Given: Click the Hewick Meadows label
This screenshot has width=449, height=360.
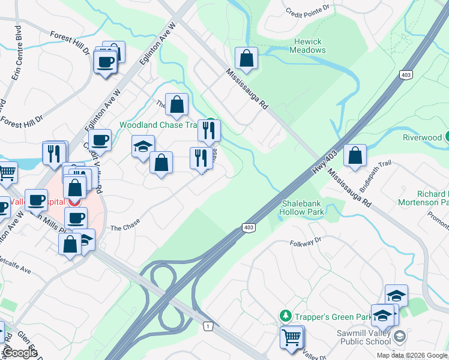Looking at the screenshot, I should pos(309,46).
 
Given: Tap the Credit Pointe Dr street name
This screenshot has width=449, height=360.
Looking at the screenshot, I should pos(308,11).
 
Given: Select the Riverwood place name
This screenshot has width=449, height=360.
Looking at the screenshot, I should pos(421,137).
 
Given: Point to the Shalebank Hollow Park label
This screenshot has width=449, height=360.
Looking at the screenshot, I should pos(303,208).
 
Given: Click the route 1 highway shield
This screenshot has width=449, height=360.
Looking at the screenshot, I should pos(208,326).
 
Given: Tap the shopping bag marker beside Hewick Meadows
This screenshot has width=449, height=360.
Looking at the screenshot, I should pos(246,59).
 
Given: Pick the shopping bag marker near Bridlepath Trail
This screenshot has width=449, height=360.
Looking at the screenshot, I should pos(355,155).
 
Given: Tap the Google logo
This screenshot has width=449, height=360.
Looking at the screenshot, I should pos(20,353).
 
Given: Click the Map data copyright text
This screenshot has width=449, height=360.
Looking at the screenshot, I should pos(412,355).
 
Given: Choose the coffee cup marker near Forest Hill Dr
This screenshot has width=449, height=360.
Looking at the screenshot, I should pos(106,62).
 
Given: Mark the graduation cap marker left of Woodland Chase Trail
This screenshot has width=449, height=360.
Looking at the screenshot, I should pos(143,147).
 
